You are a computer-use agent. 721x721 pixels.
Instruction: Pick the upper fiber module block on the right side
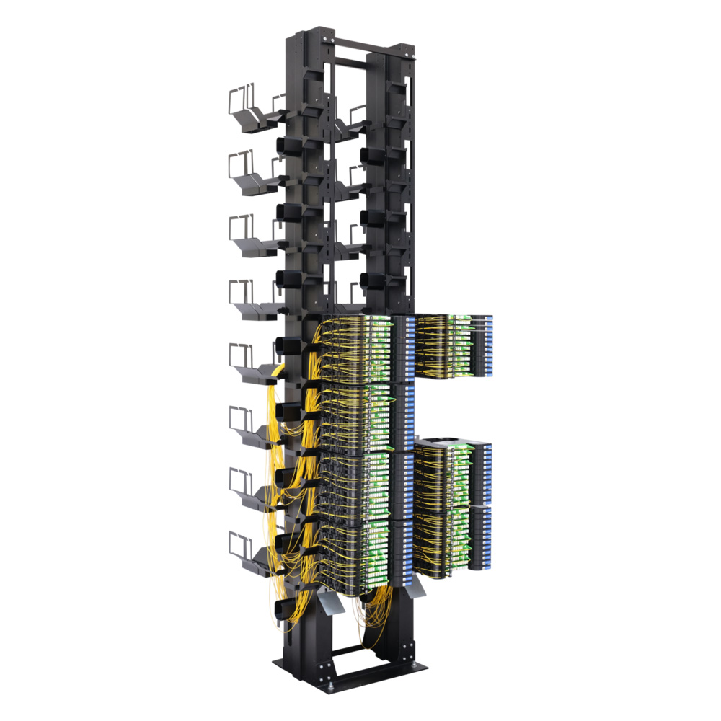click(453, 346)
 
